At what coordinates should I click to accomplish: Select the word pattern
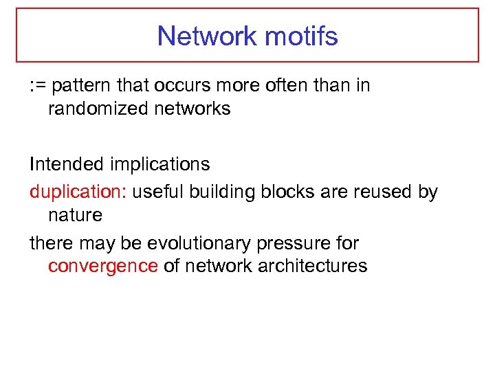(78, 86)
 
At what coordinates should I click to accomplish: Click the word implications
(161, 164)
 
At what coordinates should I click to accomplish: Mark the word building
(222, 192)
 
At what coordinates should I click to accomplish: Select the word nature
(75, 215)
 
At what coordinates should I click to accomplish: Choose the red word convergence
(102, 266)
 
